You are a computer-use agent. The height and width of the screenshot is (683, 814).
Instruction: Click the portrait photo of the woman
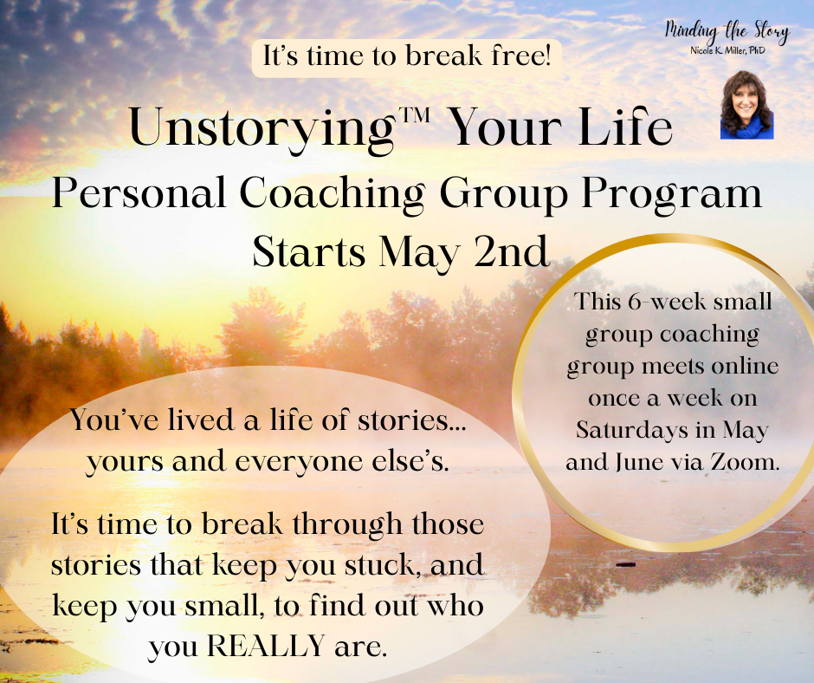747,105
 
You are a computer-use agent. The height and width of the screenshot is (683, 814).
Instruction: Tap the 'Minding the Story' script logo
727,32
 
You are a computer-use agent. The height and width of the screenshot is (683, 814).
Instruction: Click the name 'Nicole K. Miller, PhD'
727,50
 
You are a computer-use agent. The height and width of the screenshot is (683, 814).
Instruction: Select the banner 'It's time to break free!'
406,57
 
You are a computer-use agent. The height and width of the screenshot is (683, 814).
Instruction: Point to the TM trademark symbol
413,114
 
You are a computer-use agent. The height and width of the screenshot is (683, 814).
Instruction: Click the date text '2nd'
511,251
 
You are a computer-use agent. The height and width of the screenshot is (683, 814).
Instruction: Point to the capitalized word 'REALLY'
266,646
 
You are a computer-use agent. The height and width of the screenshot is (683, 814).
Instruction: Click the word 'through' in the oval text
347,525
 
